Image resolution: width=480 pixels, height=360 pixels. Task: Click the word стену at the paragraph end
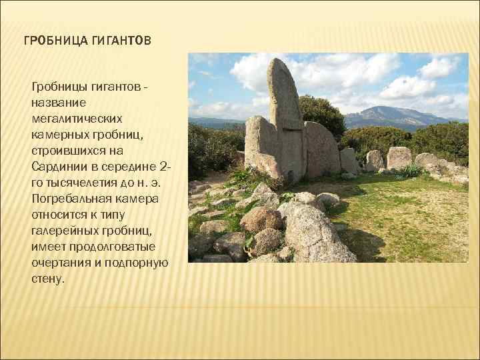click(x=47, y=278)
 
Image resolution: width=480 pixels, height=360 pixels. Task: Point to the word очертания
click(x=59, y=262)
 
